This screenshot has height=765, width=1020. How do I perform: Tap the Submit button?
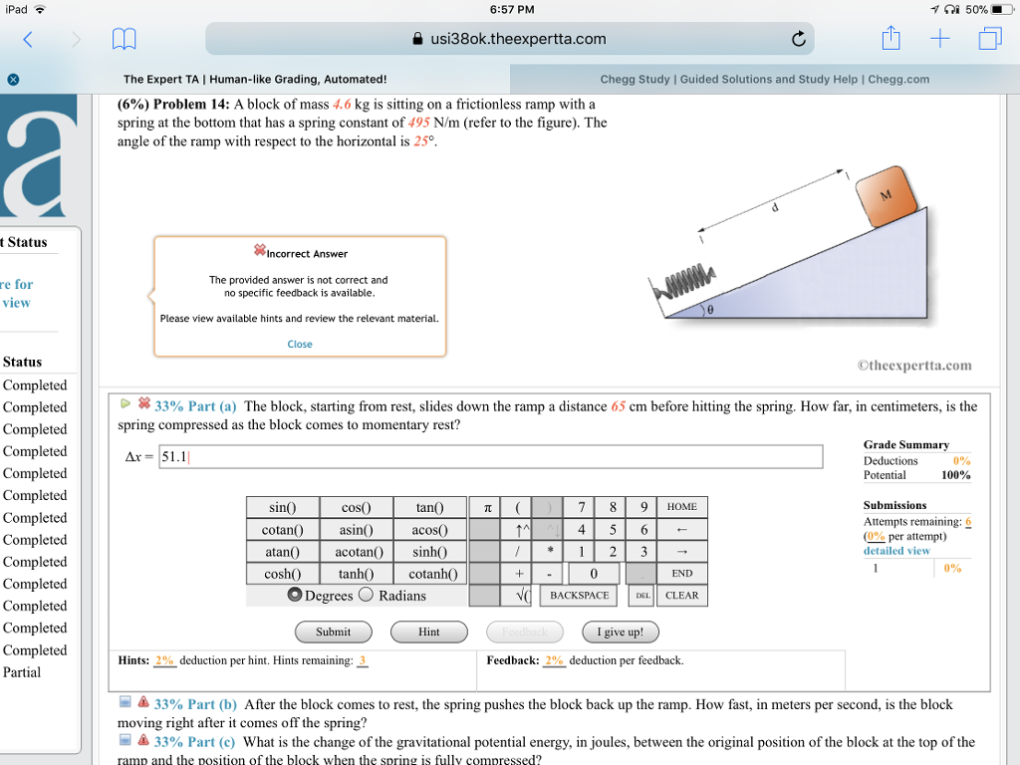point(333,632)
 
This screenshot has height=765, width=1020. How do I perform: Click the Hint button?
point(428,632)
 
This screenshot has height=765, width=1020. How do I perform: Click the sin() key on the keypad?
point(282,507)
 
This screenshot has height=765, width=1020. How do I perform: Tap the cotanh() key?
point(430,574)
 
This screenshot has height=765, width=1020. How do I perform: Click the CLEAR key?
point(682,596)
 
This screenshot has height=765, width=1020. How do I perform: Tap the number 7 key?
point(581,507)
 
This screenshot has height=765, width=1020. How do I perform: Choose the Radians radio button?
point(366,596)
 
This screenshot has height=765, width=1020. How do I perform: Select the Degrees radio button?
point(295,596)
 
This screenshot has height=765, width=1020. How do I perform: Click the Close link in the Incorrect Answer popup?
point(300,344)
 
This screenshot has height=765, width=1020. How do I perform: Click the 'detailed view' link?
point(896,550)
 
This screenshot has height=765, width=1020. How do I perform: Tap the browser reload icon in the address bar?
point(798,40)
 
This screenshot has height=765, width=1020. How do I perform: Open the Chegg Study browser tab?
point(764,79)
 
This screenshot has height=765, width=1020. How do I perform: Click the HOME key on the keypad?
point(682,507)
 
